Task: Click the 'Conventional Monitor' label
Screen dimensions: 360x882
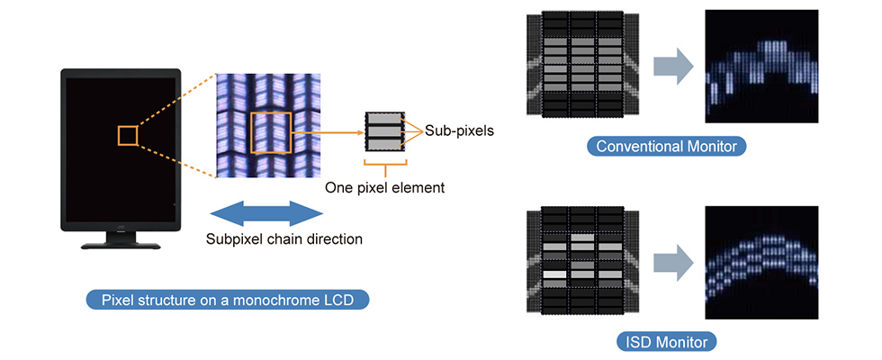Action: point(666,146)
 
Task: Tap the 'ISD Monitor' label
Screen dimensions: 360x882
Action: point(667,341)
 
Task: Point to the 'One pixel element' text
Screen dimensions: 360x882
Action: point(385,188)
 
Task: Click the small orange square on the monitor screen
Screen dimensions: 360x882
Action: point(127,136)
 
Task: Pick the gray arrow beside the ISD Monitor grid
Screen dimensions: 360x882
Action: point(671,262)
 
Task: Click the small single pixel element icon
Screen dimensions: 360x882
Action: point(385,132)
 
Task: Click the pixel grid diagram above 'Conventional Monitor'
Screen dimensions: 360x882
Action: point(580,66)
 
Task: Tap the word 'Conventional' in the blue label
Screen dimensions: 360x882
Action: point(642,146)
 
